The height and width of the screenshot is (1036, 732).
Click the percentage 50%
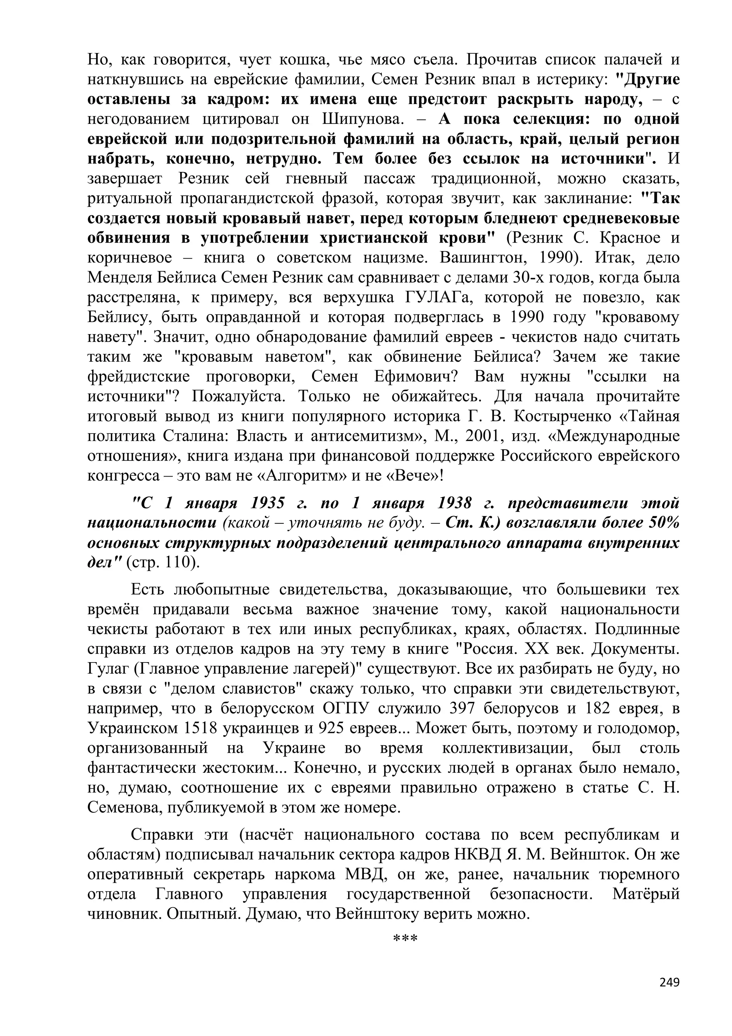pos(663,523)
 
